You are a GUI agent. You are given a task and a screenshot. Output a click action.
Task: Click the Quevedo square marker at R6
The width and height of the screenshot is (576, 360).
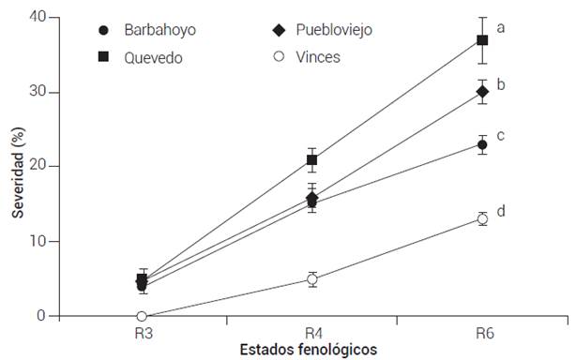pyautogui.click(x=482, y=40)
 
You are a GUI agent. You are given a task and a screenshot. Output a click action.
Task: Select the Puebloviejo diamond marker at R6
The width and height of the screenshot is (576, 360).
pyautogui.click(x=482, y=92)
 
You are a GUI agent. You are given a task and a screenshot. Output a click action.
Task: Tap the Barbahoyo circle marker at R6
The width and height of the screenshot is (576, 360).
pyautogui.click(x=482, y=145)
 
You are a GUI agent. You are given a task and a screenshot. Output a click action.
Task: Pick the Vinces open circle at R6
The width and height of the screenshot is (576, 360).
pyautogui.click(x=482, y=218)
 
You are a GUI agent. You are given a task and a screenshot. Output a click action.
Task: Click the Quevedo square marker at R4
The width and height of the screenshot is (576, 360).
pyautogui.click(x=312, y=160)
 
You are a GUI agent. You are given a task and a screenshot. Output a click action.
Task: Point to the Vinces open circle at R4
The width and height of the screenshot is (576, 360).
pyautogui.click(x=312, y=279)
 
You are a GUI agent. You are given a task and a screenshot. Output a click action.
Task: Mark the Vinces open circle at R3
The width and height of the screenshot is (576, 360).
pyautogui.click(x=142, y=317)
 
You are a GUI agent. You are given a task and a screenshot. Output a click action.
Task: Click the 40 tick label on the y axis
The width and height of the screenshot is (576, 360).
pyautogui.click(x=38, y=17)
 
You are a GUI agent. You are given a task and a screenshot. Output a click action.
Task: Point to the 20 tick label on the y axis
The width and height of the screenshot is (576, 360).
pyautogui.click(x=38, y=166)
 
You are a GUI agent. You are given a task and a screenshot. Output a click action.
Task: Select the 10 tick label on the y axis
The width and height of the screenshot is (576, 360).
pyautogui.click(x=38, y=241)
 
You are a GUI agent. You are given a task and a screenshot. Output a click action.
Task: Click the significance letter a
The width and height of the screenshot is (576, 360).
pyautogui.click(x=502, y=28)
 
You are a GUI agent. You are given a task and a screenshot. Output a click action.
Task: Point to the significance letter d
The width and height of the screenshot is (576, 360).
pyautogui.click(x=502, y=211)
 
